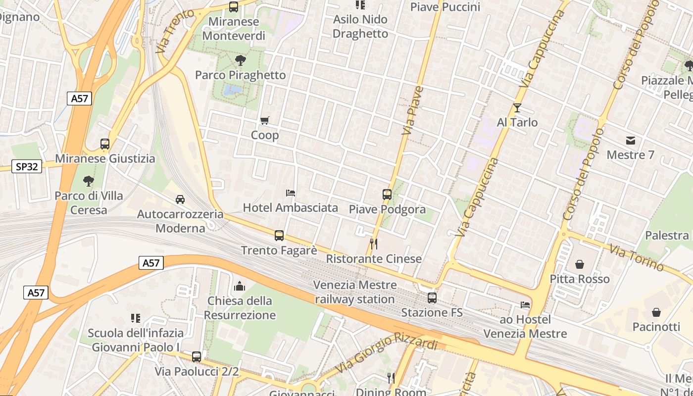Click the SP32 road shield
pos(27,167)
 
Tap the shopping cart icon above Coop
pos(265,120)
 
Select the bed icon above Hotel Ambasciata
pos(291,193)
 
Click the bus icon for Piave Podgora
pos(387,195)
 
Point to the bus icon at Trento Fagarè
pos(279,236)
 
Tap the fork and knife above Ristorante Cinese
pos(374,244)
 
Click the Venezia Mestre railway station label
pos(355,292)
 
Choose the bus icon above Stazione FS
pos(432,298)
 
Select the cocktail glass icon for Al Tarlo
pos(517,107)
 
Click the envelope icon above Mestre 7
pos(630,141)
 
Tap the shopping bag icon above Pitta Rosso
pos(580,264)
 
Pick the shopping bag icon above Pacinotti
pos(656,312)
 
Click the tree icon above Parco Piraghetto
pos(241,60)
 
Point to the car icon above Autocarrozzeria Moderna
pos(180,199)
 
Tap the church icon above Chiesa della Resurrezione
pos(240,286)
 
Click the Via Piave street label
pos(413,111)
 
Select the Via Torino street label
pos(636,257)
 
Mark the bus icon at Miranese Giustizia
pos(105,144)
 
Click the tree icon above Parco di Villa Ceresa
pos(89,181)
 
